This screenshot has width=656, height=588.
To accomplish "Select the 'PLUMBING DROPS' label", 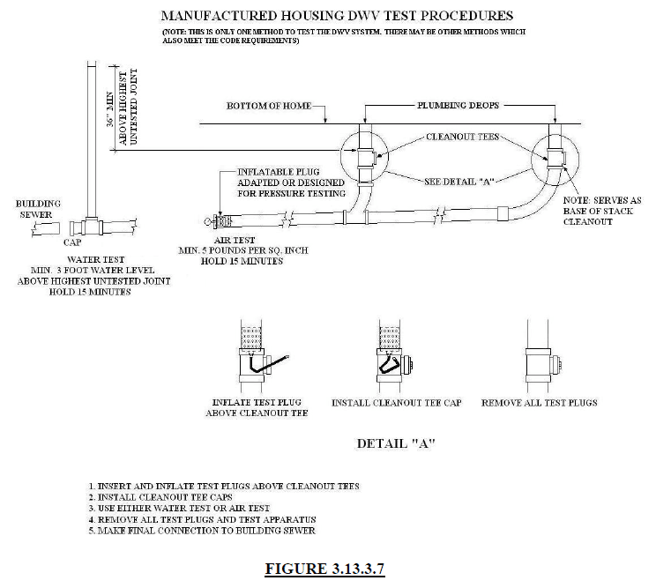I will click(459, 106).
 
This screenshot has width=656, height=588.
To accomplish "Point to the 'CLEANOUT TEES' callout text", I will click(460, 138).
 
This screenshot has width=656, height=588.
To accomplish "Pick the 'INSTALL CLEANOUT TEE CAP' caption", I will click(397, 403).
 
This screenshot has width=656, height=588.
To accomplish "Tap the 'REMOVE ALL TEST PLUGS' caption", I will click(539, 403).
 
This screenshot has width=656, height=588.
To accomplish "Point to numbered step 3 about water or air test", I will click(179, 509).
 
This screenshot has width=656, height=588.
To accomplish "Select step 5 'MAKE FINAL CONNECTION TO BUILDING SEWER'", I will click(201, 531).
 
